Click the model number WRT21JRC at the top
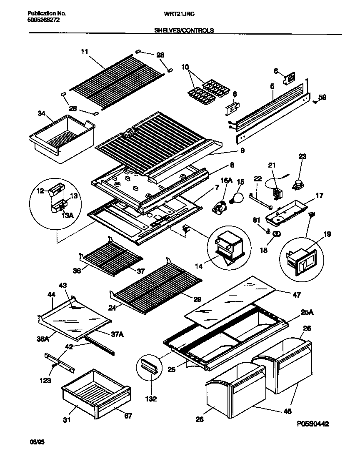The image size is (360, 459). (x=180, y=14)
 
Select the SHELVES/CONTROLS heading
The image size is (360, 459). (x=184, y=30)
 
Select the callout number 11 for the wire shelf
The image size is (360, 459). (x=85, y=52)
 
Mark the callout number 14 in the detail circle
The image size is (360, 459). (x=199, y=265)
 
